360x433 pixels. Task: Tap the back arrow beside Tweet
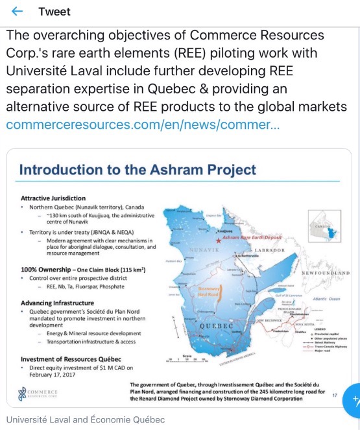[17, 12]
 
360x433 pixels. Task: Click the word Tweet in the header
[54, 12]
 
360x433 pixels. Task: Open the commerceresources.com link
[143, 124]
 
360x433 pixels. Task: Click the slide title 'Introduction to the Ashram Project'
[138, 170]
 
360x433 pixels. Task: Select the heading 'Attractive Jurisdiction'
[53, 198]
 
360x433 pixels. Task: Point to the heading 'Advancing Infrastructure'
[57, 303]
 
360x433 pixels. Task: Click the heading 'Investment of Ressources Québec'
[71, 358]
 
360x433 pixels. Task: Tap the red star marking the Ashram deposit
[218, 240]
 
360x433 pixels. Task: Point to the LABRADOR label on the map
[265, 250]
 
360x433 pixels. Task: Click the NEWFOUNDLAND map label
[326, 273]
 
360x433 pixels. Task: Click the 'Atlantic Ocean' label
[325, 299]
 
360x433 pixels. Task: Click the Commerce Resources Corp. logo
[39, 393]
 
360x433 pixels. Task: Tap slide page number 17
[335, 394]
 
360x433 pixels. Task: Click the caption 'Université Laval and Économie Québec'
[86, 419]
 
